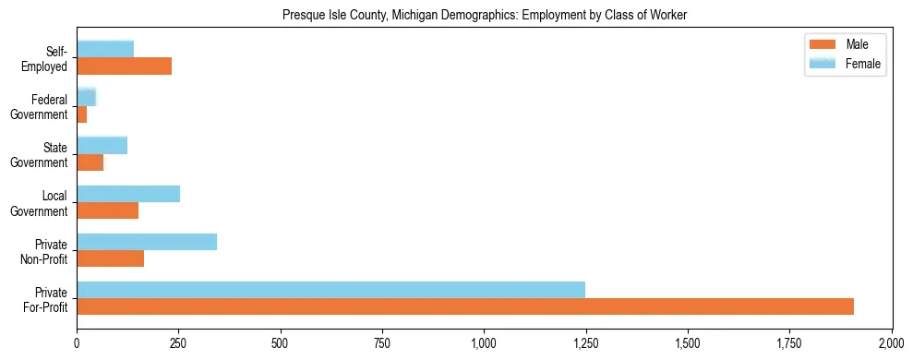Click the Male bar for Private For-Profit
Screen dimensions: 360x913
pos(465,306)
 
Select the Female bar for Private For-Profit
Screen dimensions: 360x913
pos(330,290)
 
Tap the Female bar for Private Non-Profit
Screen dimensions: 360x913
pos(147,242)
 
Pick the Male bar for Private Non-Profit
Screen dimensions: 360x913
pos(110,258)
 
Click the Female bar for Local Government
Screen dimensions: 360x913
pos(128,194)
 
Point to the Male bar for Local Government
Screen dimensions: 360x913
pos(107,210)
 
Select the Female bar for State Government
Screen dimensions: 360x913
pos(102,145)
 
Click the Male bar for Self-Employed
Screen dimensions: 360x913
pos(124,66)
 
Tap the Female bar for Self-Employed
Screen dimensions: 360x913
pos(105,49)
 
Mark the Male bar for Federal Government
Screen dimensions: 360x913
pos(82,114)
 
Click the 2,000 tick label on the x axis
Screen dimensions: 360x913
pos(891,342)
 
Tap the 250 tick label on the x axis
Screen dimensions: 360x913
pos(178,342)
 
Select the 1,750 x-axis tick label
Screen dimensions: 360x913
pos(789,342)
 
